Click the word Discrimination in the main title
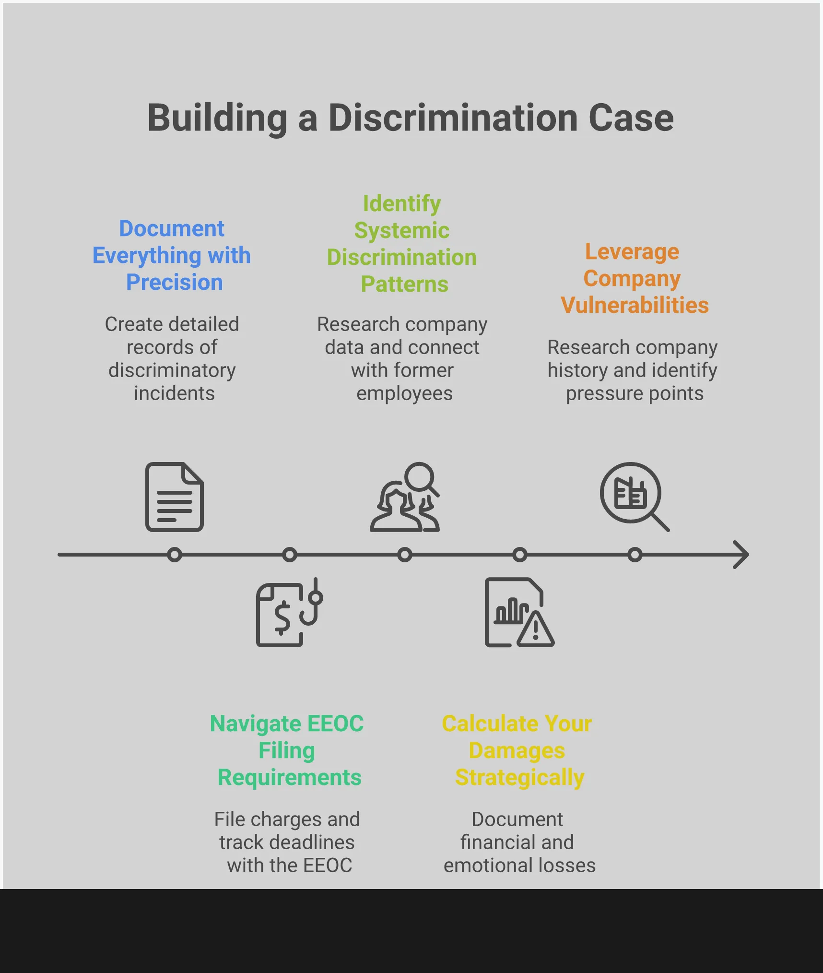[x=453, y=118]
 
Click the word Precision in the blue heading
[x=174, y=282]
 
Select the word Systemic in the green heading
[x=402, y=230]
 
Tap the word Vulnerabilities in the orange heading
[x=635, y=305]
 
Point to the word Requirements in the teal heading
[x=289, y=777]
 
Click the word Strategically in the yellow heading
[x=519, y=777]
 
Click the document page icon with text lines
[x=175, y=497]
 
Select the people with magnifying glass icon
[x=405, y=497]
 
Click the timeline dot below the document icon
[x=175, y=555]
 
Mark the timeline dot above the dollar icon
[x=290, y=555]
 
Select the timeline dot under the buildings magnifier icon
[x=635, y=555]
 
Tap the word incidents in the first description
[x=174, y=393]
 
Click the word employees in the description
[x=404, y=393]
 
